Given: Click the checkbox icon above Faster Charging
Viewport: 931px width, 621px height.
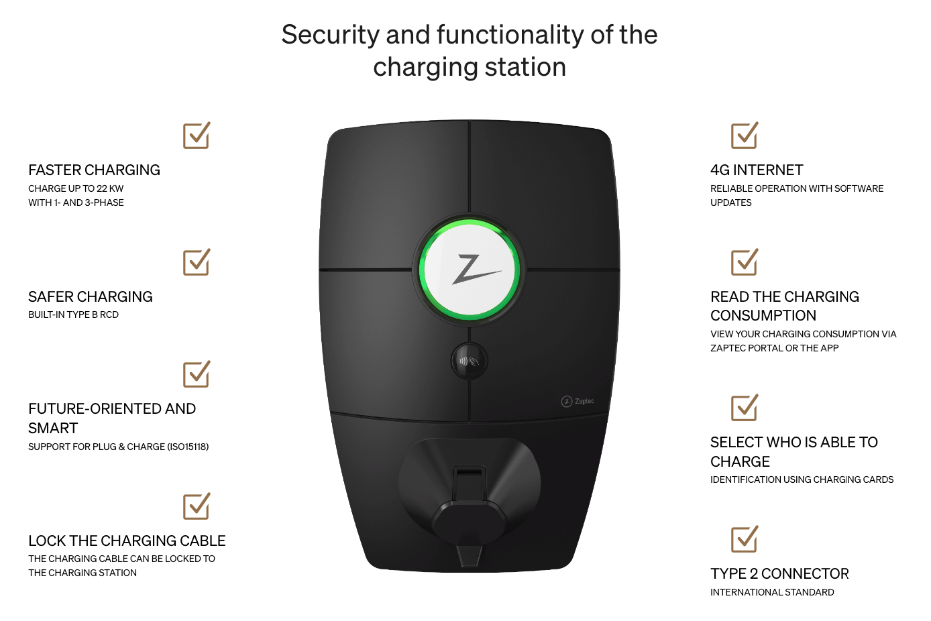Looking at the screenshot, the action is [197, 135].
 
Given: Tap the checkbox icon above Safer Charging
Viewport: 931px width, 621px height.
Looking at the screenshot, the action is [197, 262].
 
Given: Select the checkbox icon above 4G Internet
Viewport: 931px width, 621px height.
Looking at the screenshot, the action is [745, 135].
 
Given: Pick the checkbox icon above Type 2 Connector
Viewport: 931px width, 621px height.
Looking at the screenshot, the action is [745, 539].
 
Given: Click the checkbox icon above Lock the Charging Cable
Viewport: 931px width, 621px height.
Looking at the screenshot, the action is [197, 506].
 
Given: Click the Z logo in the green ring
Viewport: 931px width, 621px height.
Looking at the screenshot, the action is [476, 270].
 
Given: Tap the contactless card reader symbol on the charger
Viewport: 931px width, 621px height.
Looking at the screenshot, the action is [470, 361].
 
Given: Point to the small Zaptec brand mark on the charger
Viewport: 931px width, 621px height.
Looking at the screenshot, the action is [578, 401].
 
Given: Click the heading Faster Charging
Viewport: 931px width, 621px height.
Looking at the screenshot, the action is [94, 170].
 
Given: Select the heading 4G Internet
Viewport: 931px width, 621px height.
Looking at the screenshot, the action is [757, 170].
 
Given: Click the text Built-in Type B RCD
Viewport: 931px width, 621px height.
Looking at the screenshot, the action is [73, 315].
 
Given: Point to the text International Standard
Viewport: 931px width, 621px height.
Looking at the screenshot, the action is [772, 592].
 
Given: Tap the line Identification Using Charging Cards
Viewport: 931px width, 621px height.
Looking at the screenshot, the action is [802, 479].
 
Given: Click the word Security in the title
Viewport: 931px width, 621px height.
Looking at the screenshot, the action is [330, 34].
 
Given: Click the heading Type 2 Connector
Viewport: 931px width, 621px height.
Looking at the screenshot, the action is [779, 573].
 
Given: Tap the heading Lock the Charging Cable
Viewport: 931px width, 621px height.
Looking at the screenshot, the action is [127, 541].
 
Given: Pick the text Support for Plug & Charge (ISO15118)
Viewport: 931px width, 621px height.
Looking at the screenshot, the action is [119, 447].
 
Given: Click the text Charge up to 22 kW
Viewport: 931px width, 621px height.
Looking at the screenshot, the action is [76, 188].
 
